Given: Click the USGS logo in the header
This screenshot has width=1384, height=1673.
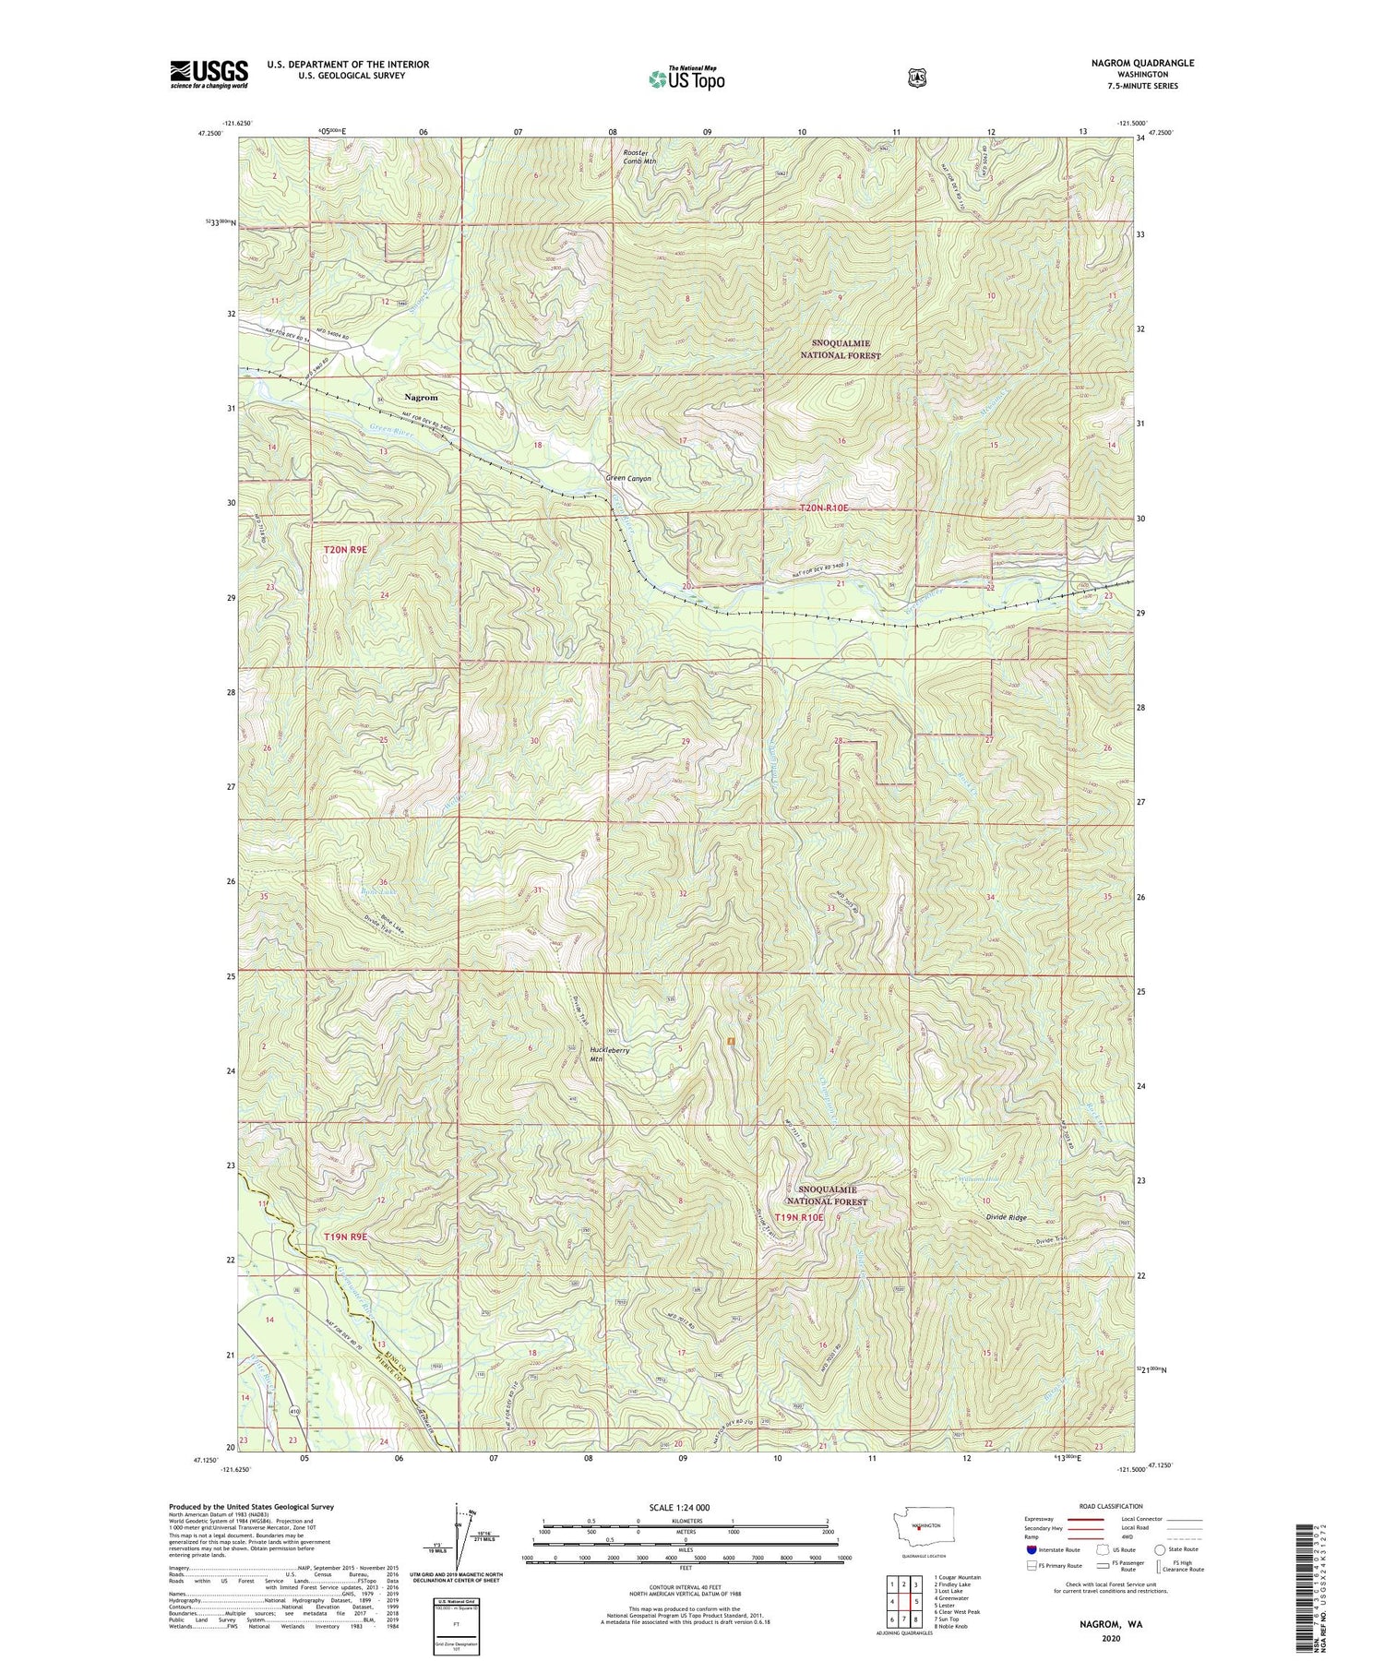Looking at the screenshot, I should [x=209, y=74].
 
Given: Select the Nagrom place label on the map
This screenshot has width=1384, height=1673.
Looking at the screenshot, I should [x=421, y=397].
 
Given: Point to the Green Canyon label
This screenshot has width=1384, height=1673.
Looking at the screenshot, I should [x=628, y=479].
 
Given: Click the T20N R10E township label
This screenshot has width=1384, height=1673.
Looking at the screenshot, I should [x=835, y=508].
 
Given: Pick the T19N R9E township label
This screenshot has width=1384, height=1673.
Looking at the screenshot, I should [x=345, y=1236].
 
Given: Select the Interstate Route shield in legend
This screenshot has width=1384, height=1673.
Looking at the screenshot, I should [x=1031, y=1550].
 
